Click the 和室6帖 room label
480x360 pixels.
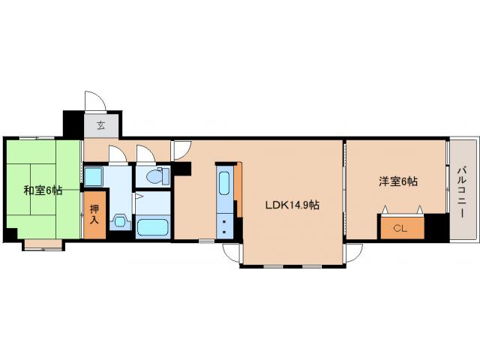[42, 190]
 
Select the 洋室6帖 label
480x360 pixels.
[398, 181]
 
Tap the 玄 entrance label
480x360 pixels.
[100, 125]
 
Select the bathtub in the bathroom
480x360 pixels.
[155, 227]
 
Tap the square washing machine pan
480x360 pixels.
[94, 178]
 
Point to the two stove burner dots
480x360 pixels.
[226, 228]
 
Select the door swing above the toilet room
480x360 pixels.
[145, 154]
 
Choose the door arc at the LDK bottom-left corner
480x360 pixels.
[231, 253]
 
